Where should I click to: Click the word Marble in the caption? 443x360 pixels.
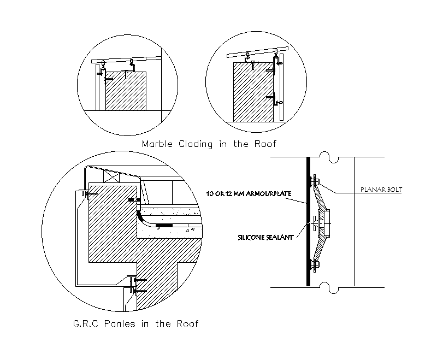pyautogui.click(x=158, y=145)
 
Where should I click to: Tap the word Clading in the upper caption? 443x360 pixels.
pyautogui.click(x=198, y=145)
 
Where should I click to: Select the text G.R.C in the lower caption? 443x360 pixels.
pyautogui.click(x=85, y=324)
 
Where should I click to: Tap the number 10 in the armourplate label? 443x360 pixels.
pyautogui.click(x=210, y=194)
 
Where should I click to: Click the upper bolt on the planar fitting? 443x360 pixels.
pyautogui.click(x=315, y=181)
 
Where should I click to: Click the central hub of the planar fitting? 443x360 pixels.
pyautogui.click(x=326, y=222)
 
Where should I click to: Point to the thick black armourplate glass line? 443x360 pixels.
pyautogui.click(x=308, y=246)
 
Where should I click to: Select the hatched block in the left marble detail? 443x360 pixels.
pyautogui.click(x=126, y=90)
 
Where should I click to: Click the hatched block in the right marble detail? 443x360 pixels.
pyautogui.click(x=253, y=92)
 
